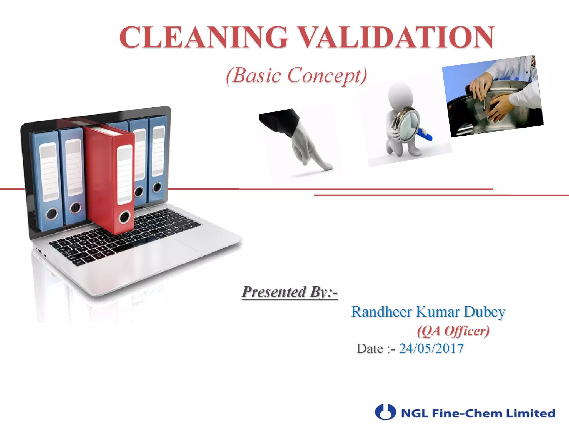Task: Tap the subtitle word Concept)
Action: pos(327,76)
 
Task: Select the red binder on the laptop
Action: pos(108,178)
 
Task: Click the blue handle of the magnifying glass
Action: pos(425,135)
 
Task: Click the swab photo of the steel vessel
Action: pos(493,96)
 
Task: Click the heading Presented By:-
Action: pos(290,292)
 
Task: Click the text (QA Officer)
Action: pos(453,331)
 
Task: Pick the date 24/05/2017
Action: pos(431,349)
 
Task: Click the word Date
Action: pos(370,349)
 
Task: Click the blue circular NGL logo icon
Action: pos(385,412)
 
